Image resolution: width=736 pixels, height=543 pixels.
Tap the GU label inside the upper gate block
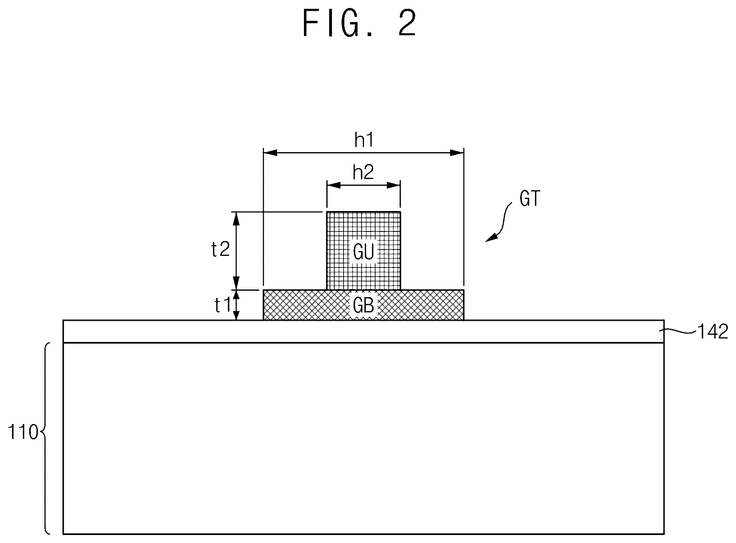[364, 252]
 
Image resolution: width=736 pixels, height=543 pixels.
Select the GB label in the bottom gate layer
[364, 306]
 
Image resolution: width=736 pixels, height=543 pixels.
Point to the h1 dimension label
[364, 140]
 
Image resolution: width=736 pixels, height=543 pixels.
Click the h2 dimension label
[363, 173]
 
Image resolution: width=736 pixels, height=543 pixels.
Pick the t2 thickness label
[220, 250]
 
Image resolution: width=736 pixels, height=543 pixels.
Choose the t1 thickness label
[223, 306]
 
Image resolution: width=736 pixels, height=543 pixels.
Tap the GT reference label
[530, 199]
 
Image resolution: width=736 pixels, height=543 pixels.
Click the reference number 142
[713, 332]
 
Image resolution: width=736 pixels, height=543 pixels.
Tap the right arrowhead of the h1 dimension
[457, 153]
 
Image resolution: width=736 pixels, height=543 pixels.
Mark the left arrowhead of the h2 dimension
[334, 185]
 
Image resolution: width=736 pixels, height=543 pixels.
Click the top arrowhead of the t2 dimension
[236, 219]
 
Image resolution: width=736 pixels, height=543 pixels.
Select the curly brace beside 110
[45, 438]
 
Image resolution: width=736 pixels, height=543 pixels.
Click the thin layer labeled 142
[364, 331]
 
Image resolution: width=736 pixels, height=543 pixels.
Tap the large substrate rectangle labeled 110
[364, 438]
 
